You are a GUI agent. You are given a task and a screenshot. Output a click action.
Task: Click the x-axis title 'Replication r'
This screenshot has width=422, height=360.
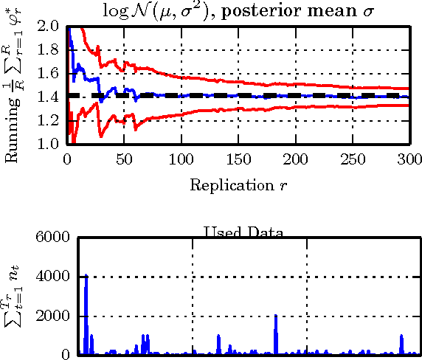click(x=238, y=184)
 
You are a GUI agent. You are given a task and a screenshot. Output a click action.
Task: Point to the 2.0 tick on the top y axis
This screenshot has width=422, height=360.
click(x=52, y=27)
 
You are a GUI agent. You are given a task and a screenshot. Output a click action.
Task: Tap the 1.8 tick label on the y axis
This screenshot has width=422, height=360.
click(x=52, y=50)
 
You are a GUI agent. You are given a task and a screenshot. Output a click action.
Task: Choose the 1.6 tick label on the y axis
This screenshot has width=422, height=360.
click(x=52, y=74)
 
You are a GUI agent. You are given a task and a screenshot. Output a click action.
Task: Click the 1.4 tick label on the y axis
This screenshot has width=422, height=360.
click(x=52, y=97)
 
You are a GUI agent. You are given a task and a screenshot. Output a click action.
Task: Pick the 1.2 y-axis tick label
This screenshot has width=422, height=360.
click(x=52, y=121)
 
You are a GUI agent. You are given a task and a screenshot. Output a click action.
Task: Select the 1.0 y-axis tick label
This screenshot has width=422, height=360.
click(x=52, y=145)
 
